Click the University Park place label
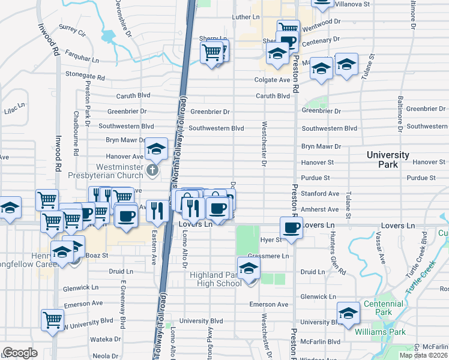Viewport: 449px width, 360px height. (388, 159)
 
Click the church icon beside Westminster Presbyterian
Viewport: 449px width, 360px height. (152, 171)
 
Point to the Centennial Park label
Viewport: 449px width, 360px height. (377, 308)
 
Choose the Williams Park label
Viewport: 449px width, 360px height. (380, 332)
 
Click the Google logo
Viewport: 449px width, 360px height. (20, 353)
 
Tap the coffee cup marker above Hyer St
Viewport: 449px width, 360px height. (291, 228)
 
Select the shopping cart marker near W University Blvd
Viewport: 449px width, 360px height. (52, 319)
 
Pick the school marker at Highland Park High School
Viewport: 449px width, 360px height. (249, 268)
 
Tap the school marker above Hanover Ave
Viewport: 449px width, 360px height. (156, 149)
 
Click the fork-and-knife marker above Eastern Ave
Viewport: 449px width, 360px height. (157, 210)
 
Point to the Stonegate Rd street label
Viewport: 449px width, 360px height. (85, 77)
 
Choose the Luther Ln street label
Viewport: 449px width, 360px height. (245, 17)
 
